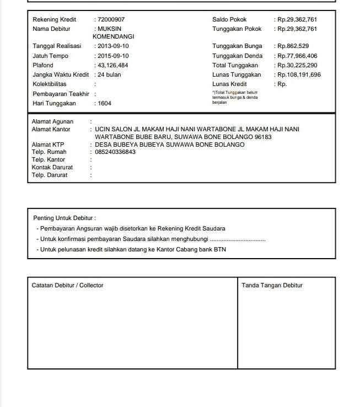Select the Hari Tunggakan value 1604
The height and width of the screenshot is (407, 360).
(104, 104)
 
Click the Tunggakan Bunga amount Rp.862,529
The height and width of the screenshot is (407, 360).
(293, 46)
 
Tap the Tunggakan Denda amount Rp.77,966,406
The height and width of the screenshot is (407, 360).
(297, 56)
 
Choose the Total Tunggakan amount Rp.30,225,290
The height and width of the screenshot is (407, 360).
(297, 65)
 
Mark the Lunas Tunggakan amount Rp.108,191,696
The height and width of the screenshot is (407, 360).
(299, 74)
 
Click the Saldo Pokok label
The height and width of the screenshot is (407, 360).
(229, 19)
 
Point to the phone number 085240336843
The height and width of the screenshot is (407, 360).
(115, 152)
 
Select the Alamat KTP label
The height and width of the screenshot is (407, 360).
(48, 145)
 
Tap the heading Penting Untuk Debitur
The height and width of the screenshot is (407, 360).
(65, 218)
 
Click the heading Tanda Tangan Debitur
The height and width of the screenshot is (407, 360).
(272, 285)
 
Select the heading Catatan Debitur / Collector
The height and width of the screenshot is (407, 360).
(67, 285)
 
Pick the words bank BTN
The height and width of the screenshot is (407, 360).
(213, 249)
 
